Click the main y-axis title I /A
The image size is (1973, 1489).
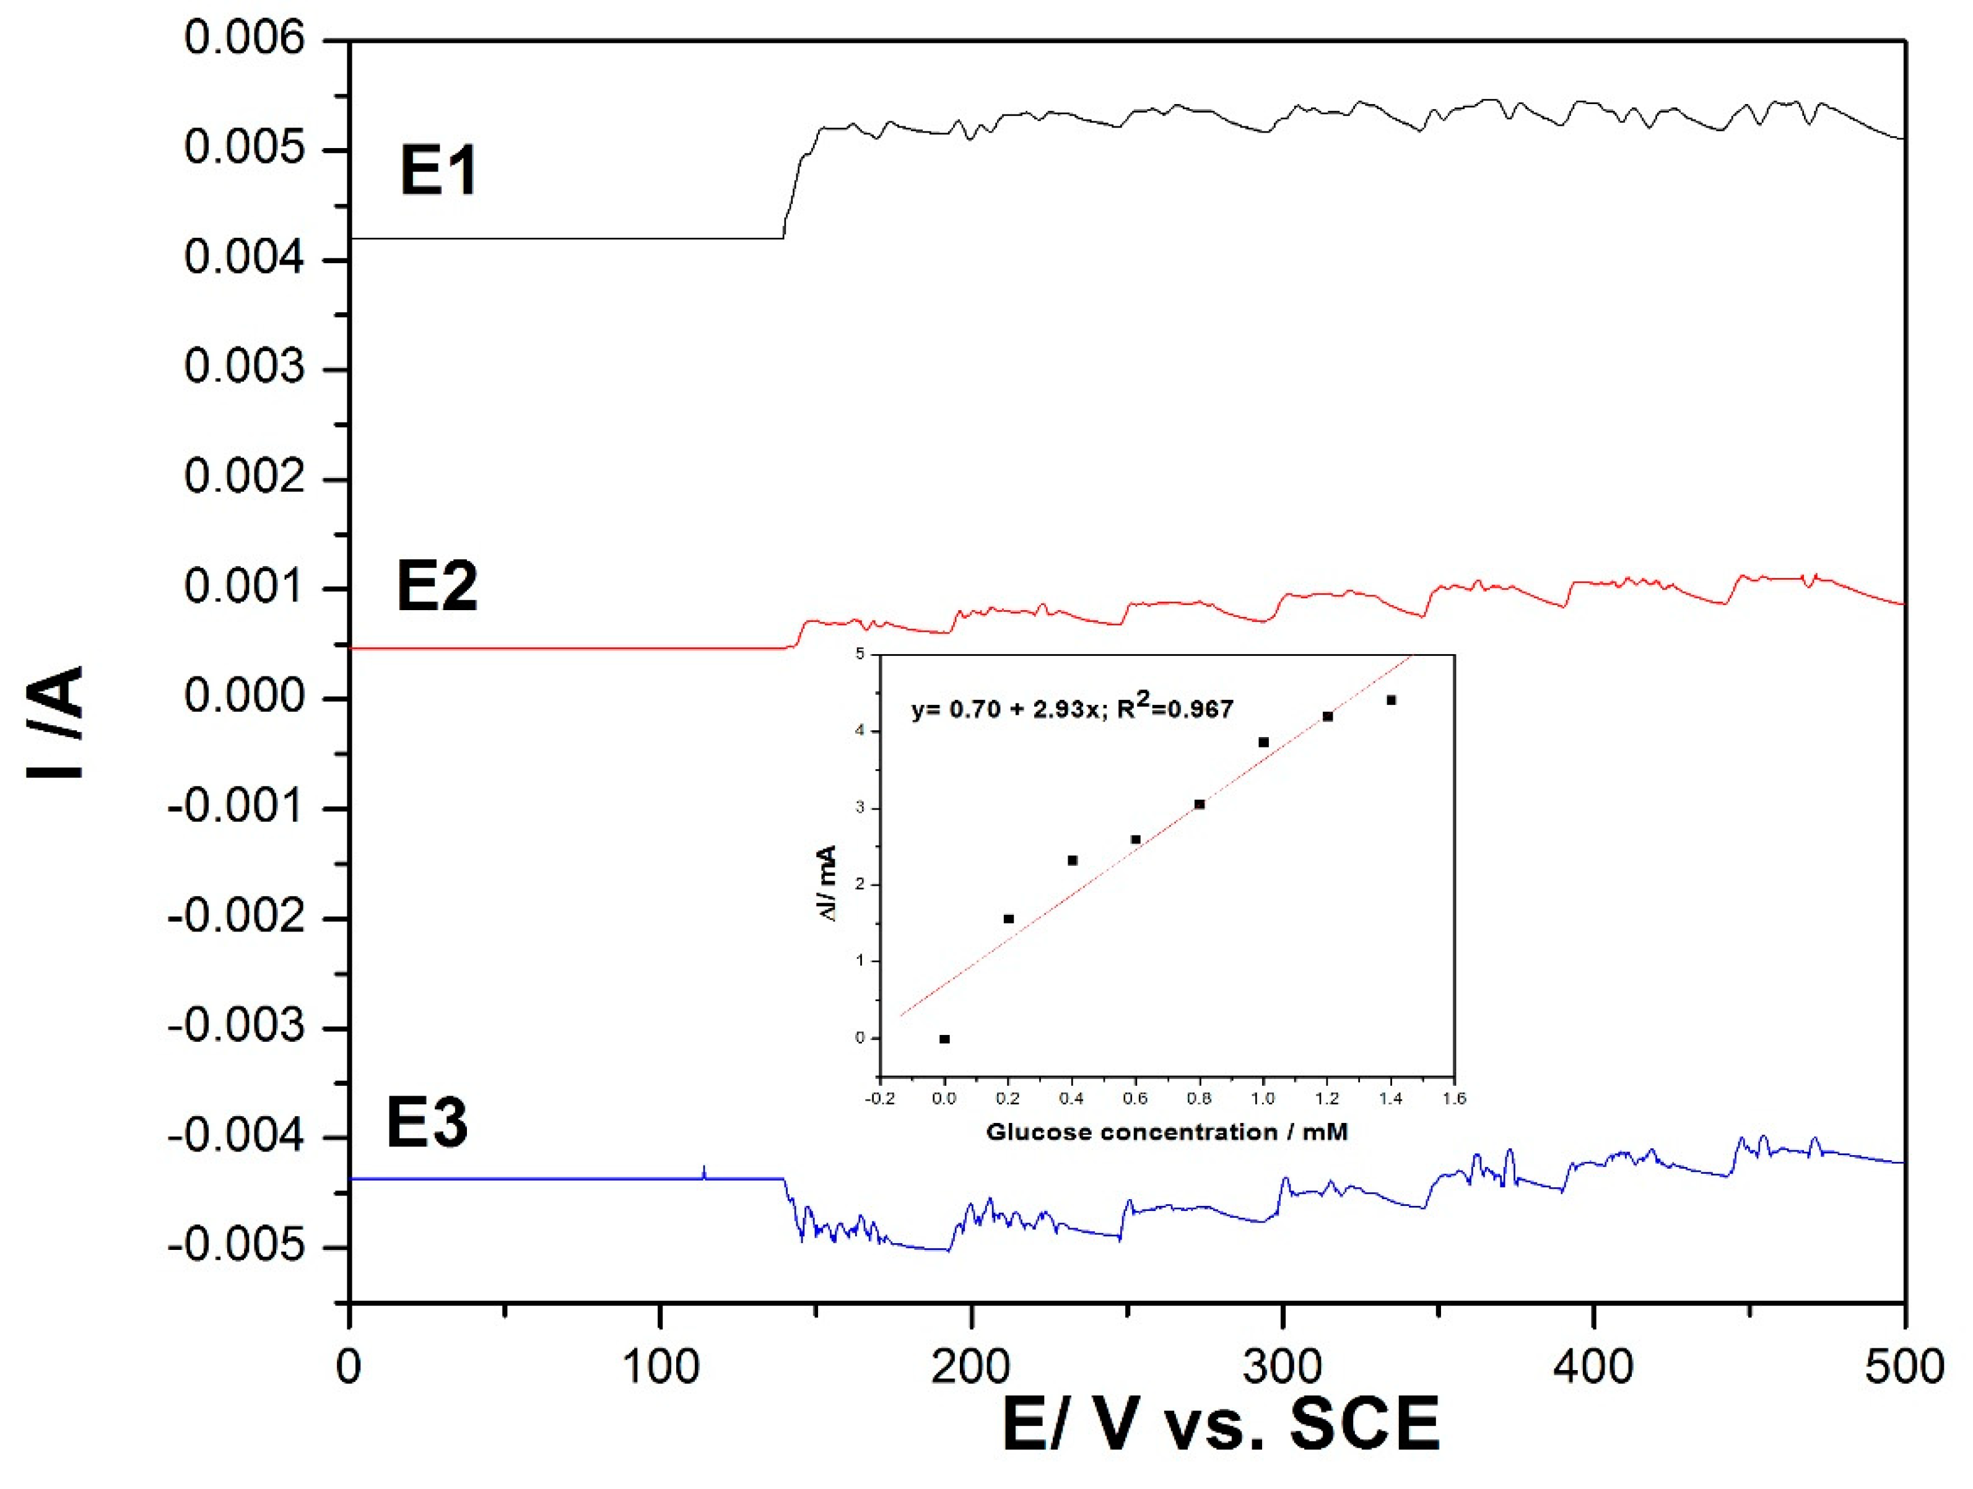click(56, 723)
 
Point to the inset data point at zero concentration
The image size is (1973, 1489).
click(944, 1039)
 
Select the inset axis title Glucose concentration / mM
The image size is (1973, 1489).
click(1167, 1132)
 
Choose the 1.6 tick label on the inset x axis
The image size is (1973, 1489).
click(1454, 1098)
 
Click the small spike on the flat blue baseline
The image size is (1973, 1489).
click(703, 1171)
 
